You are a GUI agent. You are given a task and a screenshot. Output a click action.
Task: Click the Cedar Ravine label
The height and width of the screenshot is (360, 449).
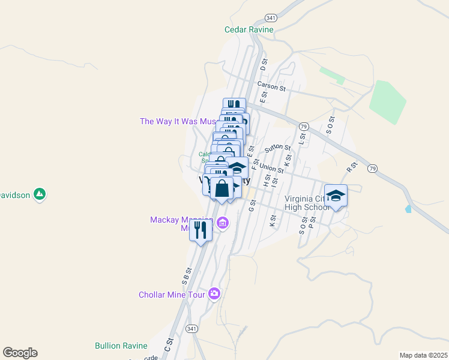(x=249, y=29)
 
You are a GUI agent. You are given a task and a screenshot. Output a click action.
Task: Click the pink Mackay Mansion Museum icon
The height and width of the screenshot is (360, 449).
(x=223, y=224)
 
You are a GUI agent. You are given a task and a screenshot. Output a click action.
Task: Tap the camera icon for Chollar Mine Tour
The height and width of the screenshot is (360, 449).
(x=214, y=294)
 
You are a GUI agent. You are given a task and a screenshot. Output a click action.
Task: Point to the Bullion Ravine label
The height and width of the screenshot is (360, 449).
(x=121, y=346)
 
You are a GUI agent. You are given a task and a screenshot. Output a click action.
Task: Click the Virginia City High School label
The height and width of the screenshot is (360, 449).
(x=306, y=203)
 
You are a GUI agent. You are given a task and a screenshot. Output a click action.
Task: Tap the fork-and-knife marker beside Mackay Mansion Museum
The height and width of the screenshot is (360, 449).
(x=200, y=230)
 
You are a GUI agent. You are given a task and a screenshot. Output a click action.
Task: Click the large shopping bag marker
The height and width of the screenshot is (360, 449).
(x=221, y=187)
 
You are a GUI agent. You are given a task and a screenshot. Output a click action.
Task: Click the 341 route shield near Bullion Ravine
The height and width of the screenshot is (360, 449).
(x=191, y=329)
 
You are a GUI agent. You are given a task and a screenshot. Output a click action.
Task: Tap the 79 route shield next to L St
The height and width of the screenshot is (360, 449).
(x=304, y=126)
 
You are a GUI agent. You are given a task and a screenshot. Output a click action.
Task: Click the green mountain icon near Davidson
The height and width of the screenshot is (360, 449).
(x=40, y=194)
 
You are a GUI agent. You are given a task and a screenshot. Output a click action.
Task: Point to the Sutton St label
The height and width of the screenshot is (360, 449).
(x=277, y=147)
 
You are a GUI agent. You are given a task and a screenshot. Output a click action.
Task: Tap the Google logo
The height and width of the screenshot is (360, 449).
(x=20, y=353)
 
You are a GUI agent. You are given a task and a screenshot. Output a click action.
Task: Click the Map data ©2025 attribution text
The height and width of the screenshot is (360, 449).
(x=423, y=355)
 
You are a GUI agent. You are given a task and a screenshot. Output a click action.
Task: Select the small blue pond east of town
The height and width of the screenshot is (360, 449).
(x=409, y=209)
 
